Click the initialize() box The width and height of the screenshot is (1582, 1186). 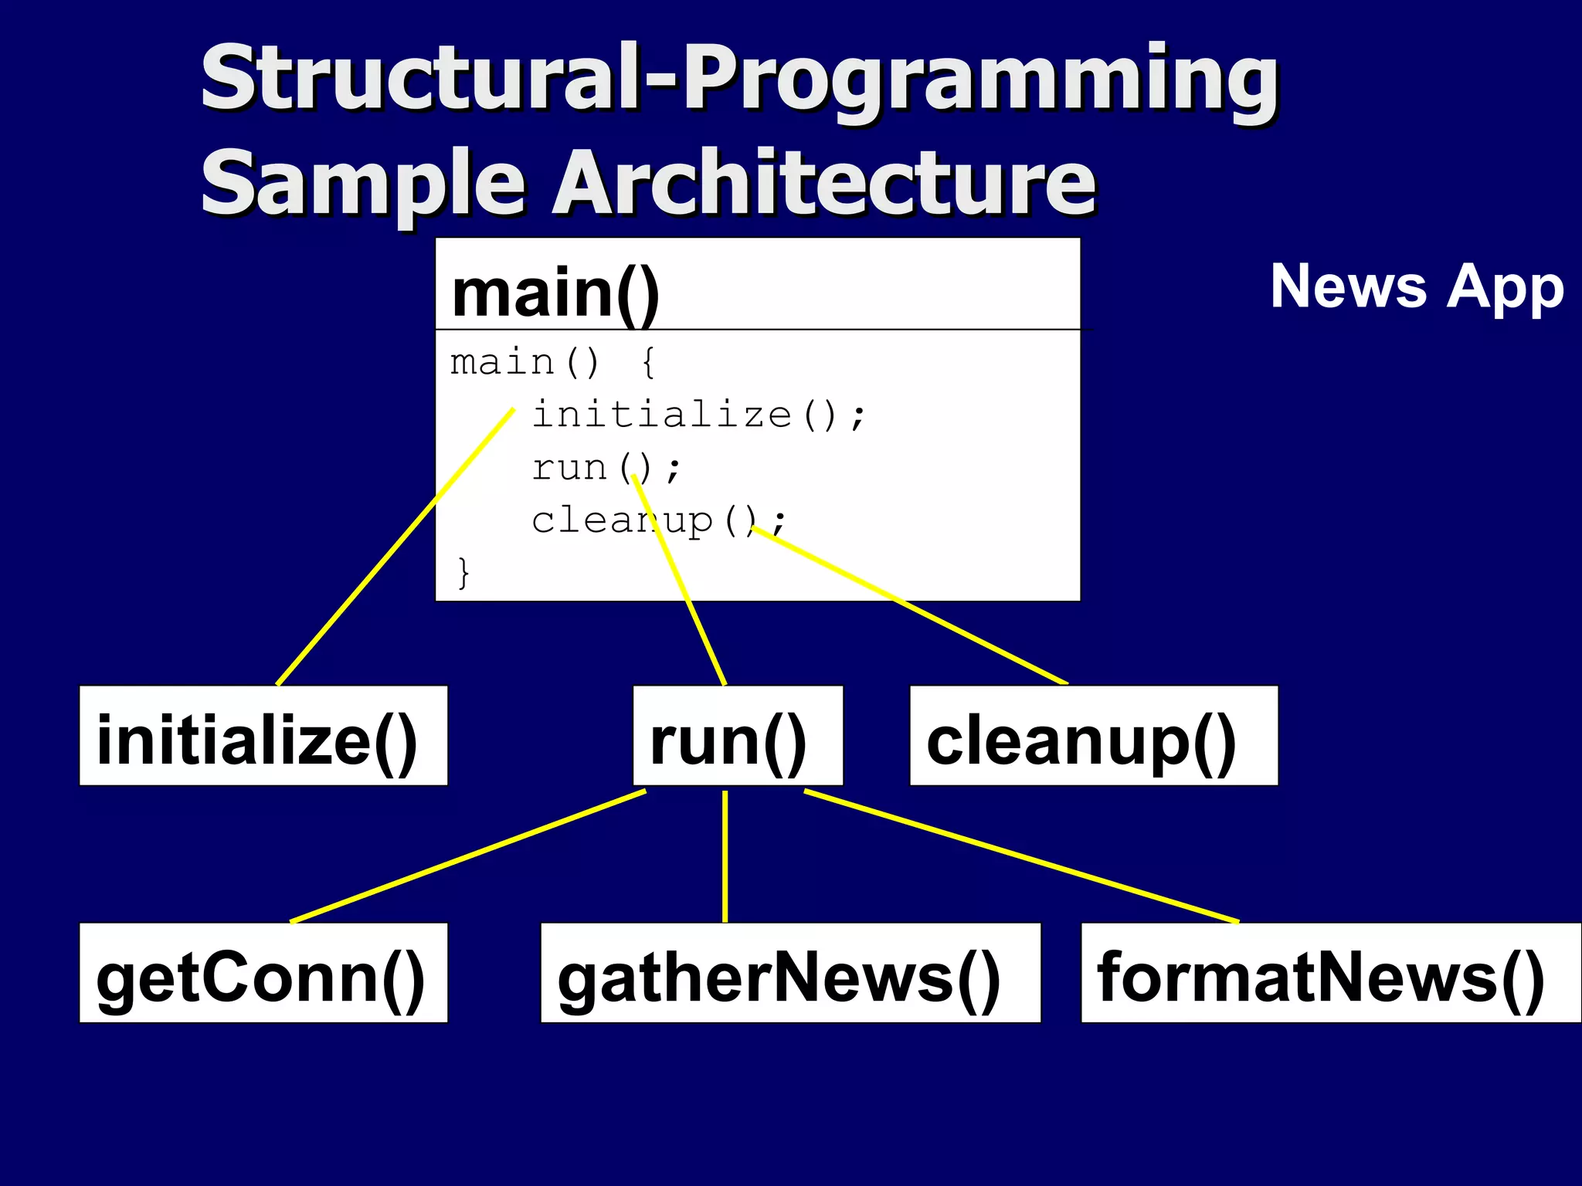click(x=263, y=736)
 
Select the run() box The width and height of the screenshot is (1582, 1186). click(x=738, y=736)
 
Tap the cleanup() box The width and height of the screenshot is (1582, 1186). click(x=1093, y=736)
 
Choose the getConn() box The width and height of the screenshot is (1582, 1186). click(x=263, y=973)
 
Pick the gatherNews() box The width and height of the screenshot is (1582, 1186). click(x=789, y=973)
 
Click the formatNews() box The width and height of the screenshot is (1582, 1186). click(x=1329, y=973)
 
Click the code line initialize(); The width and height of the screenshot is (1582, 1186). click(x=699, y=415)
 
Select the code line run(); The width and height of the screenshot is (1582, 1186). click(x=606, y=468)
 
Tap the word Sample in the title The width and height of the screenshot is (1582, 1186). click(x=363, y=183)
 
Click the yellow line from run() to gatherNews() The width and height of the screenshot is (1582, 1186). click(x=725, y=857)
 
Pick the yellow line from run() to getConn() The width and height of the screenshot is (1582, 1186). click(x=467, y=857)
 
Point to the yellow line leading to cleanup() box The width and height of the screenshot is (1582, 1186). click(x=912, y=606)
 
